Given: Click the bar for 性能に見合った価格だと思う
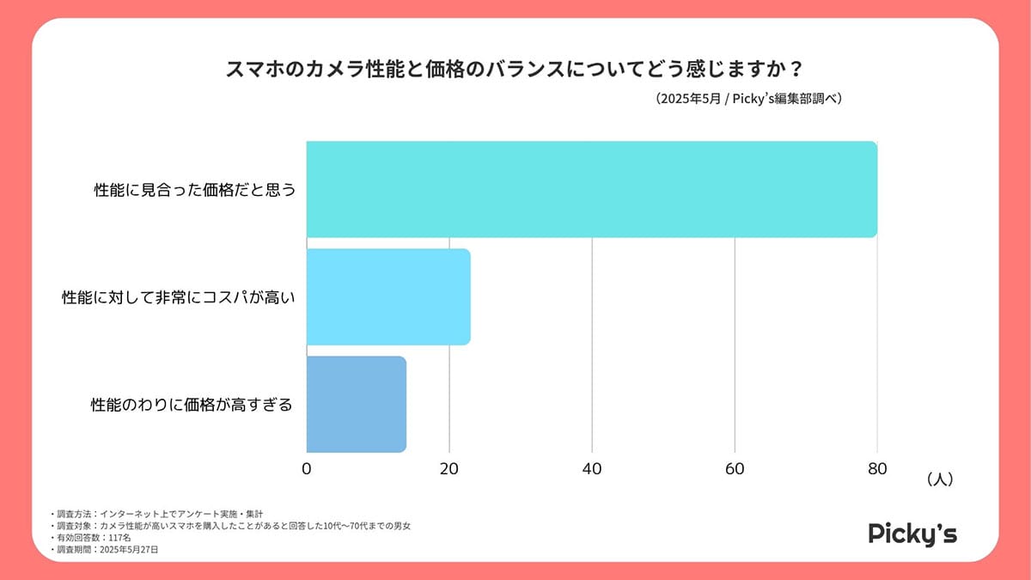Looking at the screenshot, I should [x=591, y=189].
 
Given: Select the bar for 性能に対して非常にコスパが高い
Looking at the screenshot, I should [x=388, y=296].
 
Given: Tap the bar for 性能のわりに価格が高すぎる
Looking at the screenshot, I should [x=356, y=404].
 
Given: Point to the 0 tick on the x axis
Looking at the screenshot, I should [x=307, y=469].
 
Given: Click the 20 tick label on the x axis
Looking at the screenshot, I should [x=449, y=469].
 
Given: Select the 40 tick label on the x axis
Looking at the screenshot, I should [x=592, y=469].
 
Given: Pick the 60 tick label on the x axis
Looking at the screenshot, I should [x=735, y=469].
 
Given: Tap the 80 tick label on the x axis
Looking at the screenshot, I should [x=877, y=469].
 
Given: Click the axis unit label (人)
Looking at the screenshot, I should [x=939, y=479].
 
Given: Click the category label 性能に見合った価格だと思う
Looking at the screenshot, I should [x=195, y=190].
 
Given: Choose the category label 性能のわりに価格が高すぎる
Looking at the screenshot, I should [x=192, y=404].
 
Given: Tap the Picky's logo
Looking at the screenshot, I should [x=912, y=533].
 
